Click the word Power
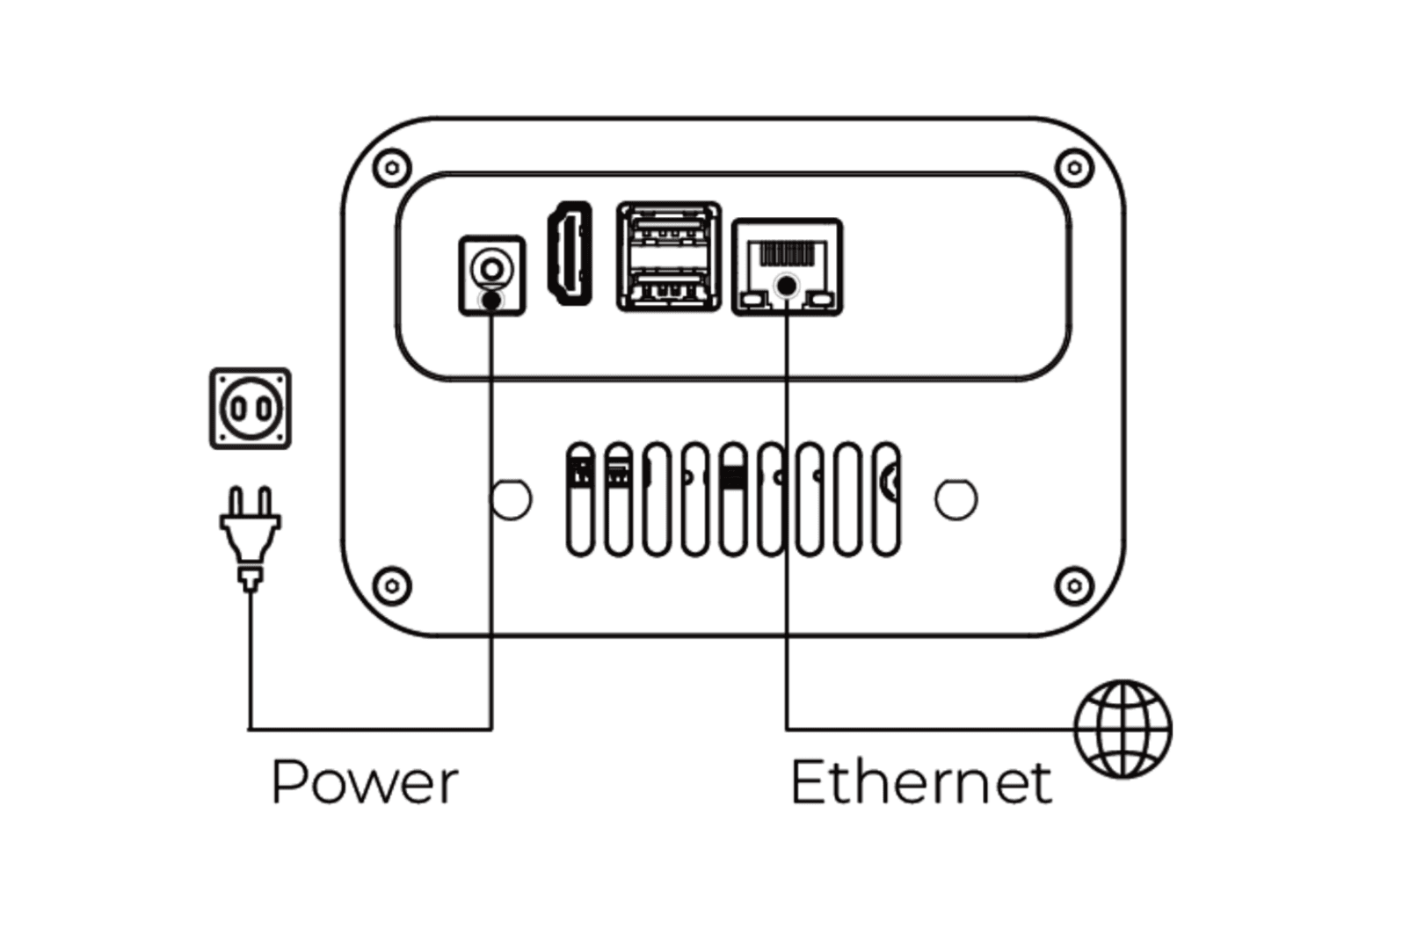point(365,781)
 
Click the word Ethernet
point(920,781)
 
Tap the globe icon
point(1123,729)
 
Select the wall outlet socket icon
point(251,409)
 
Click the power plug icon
point(251,536)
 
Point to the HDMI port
point(570,253)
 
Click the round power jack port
point(491,267)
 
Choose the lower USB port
point(669,287)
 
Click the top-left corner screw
point(392,167)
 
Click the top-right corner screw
point(1074,167)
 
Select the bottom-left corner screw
point(392,585)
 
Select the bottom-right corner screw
point(1074,585)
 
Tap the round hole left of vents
point(511,499)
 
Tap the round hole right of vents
point(956,499)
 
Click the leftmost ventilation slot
point(580,499)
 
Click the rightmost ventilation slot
point(886,499)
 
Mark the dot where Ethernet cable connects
point(788,285)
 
